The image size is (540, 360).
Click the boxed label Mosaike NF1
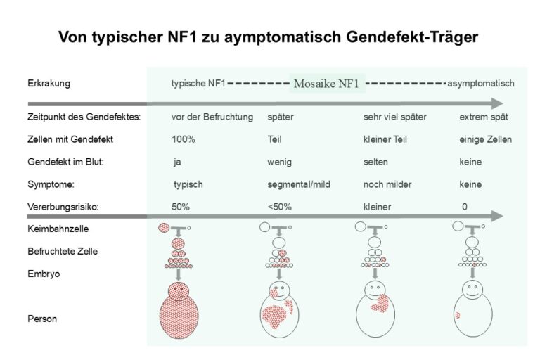[x=328, y=84]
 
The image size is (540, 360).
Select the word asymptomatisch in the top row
[x=481, y=84]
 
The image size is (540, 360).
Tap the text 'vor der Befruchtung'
[x=212, y=117]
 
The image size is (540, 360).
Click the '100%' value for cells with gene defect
[x=184, y=139]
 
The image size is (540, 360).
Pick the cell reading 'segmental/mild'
[x=299, y=184]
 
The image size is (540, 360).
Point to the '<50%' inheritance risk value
[x=279, y=207]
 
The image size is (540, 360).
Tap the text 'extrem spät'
[x=484, y=117]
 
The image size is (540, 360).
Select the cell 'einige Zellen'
[x=486, y=139]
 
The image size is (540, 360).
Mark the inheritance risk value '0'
[x=464, y=207]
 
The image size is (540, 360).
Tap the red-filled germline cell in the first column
[x=164, y=228]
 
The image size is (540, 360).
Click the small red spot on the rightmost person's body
[x=458, y=316]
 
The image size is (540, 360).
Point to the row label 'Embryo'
[x=43, y=274]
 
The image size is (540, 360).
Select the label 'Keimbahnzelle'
[x=53, y=229]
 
